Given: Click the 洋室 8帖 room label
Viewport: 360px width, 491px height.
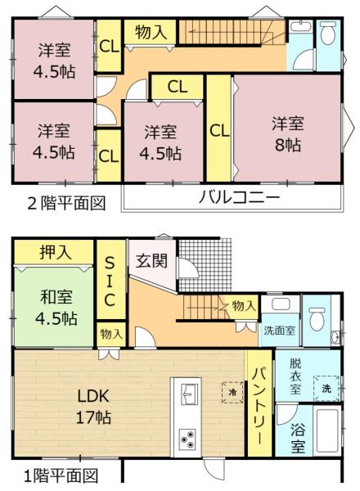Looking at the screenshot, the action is click(x=287, y=134).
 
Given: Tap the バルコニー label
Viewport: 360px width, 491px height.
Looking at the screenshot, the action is click(x=239, y=197).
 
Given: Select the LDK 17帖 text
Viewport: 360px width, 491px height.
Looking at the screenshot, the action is click(x=93, y=407).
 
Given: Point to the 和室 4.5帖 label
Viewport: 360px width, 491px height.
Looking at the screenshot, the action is click(x=56, y=308).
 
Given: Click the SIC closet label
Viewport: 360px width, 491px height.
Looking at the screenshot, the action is click(x=110, y=282).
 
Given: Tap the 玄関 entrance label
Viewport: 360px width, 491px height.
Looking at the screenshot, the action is click(x=151, y=260).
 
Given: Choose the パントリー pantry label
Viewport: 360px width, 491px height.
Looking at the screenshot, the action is click(x=260, y=405).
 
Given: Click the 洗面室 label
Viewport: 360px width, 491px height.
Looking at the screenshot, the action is click(x=279, y=331).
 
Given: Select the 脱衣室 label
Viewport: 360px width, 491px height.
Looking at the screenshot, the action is click(x=295, y=376).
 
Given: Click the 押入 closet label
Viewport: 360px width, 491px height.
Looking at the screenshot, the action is click(x=56, y=252).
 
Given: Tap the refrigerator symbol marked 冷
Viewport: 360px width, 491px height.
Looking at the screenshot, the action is click(x=232, y=392).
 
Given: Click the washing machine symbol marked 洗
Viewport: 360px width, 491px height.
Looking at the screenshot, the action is click(x=326, y=388).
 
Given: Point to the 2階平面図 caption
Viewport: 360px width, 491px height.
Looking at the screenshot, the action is click(x=66, y=204).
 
